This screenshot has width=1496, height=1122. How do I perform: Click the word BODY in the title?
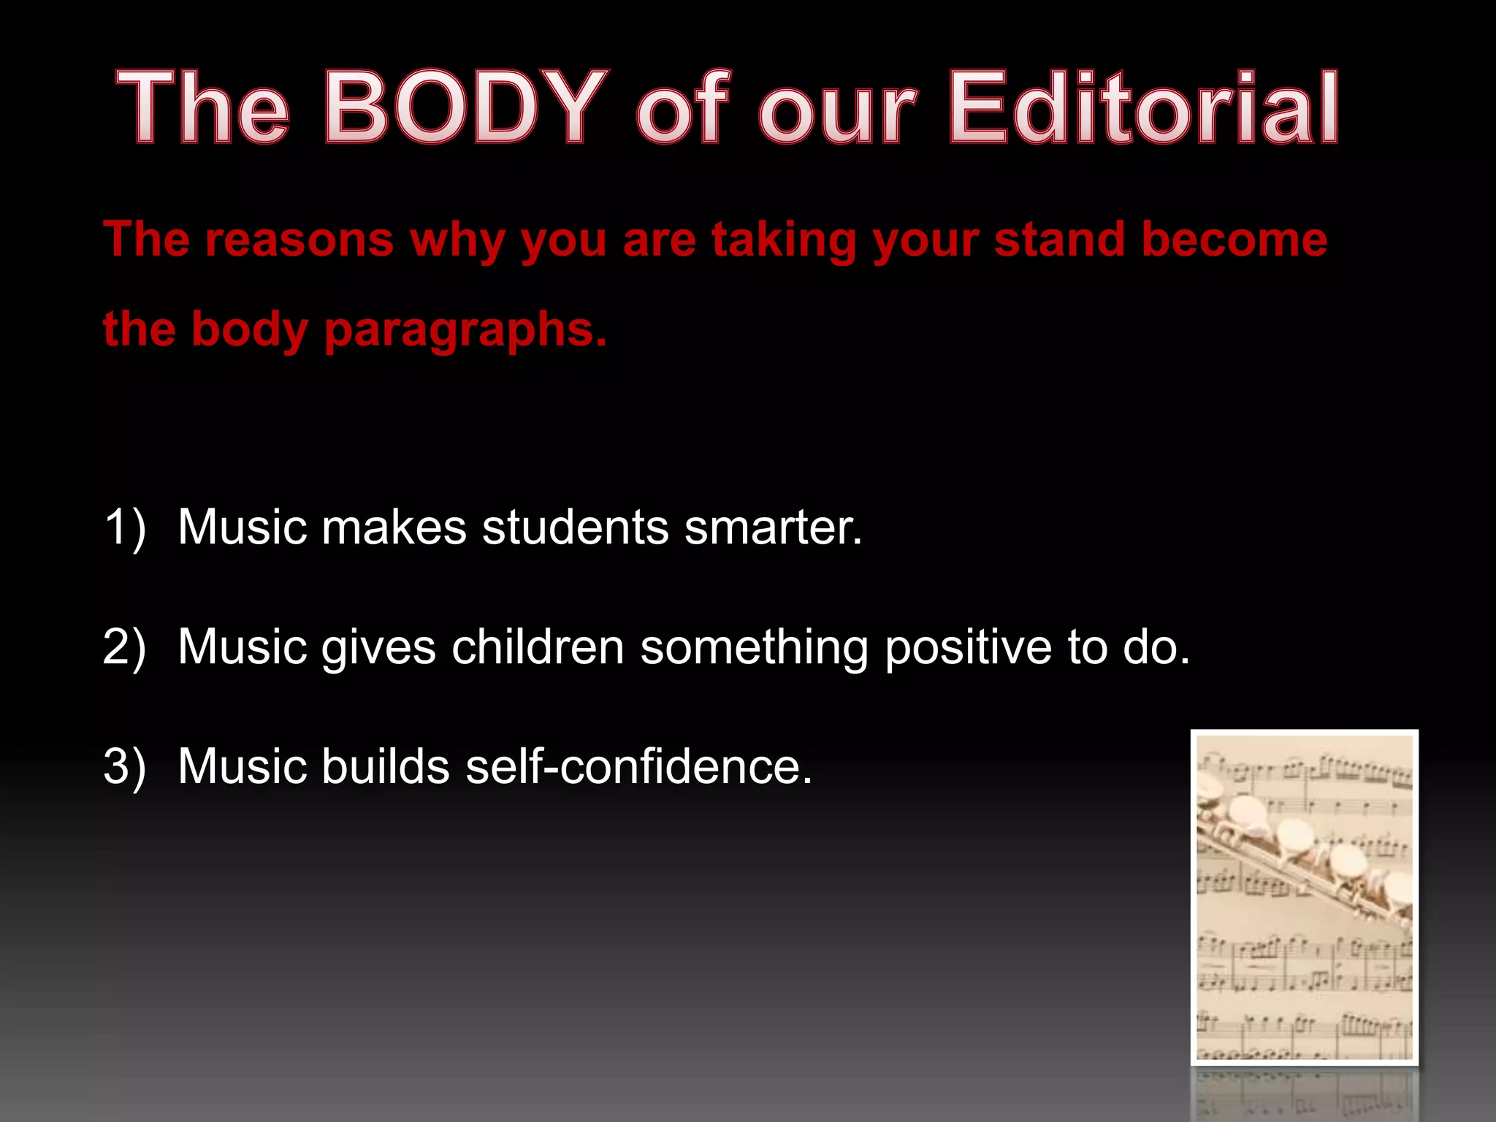(x=465, y=108)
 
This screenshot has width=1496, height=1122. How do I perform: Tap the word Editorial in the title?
(x=1143, y=108)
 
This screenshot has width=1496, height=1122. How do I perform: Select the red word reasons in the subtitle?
(x=299, y=240)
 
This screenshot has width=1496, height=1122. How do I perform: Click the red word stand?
(x=1059, y=240)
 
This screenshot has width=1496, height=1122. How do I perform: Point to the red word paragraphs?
(x=465, y=330)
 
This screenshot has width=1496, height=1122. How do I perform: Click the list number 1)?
(x=125, y=527)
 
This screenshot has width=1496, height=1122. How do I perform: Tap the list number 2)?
(x=125, y=647)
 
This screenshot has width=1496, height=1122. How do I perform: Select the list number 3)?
(x=125, y=767)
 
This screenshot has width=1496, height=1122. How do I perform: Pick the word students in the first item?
(x=575, y=527)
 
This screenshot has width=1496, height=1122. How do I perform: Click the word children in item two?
(x=538, y=647)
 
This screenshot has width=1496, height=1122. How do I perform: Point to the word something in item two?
(x=754, y=647)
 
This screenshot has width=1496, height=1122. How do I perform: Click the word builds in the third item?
(x=385, y=767)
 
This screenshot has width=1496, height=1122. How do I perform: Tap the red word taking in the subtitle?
(x=784, y=240)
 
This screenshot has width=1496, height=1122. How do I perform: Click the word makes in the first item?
(x=394, y=527)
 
